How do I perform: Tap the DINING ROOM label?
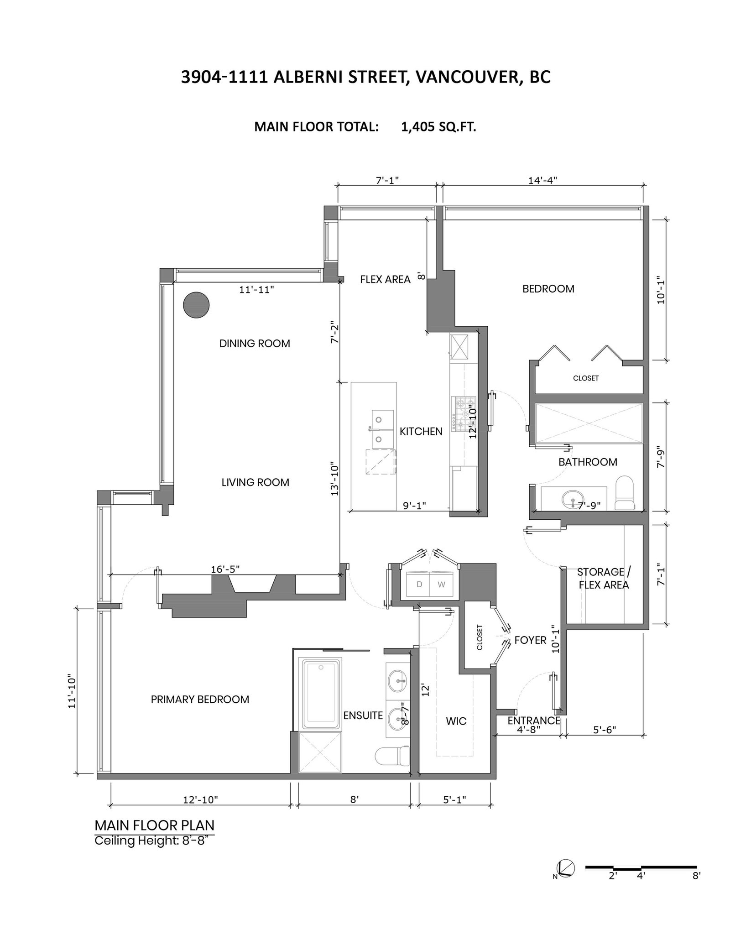[x=255, y=344]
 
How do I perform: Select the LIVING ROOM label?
[x=255, y=482]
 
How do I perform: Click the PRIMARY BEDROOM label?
[x=200, y=700]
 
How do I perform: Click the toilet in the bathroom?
[x=625, y=493]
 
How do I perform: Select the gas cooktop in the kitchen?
[x=464, y=413]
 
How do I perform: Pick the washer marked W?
[x=442, y=585]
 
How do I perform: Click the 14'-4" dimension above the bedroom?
[x=543, y=180]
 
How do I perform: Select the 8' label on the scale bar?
[x=696, y=876]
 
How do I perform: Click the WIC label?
[x=456, y=721]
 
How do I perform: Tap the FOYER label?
[x=530, y=640]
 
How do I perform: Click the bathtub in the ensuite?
[x=321, y=694]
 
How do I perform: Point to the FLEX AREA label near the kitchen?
[x=386, y=279]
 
